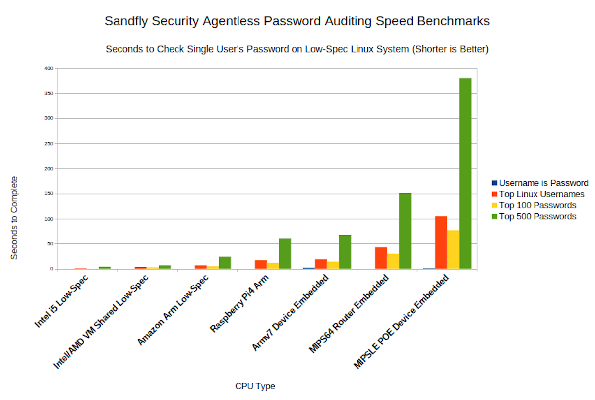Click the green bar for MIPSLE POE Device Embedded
point(465,173)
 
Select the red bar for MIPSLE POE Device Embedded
point(441,242)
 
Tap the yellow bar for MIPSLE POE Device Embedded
point(453,250)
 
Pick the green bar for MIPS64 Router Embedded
point(405,231)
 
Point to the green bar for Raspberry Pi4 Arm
point(285,254)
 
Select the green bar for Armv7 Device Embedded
point(345,252)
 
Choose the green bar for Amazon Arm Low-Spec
point(225,263)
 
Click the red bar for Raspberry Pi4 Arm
point(261,264)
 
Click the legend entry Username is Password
point(543,183)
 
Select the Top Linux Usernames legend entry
point(541,194)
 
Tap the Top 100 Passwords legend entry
point(537,205)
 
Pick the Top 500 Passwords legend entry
point(537,216)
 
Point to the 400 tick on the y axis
point(48,68)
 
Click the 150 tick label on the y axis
point(48,194)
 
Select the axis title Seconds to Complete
point(14,218)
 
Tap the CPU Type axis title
point(255,386)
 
